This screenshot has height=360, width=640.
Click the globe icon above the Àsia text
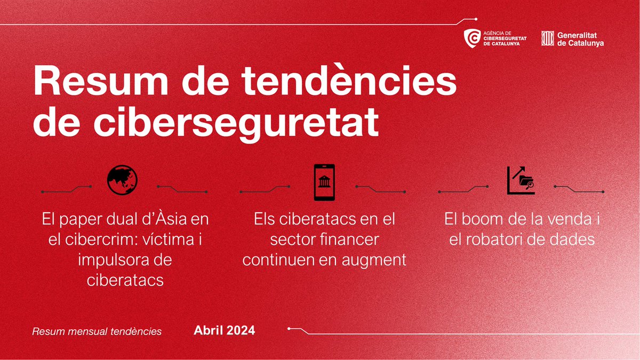pyautogui.click(x=122, y=180)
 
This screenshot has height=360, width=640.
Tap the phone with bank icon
pyautogui.click(x=324, y=182)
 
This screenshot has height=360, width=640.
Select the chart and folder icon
pyautogui.click(x=520, y=180)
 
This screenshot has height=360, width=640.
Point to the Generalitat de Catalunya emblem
pyautogui.click(x=547, y=38)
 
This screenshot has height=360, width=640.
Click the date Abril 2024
pyautogui.click(x=224, y=331)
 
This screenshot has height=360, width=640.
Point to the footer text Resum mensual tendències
pyautogui.click(x=97, y=331)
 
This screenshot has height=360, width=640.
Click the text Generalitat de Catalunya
pyautogui.click(x=580, y=38)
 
